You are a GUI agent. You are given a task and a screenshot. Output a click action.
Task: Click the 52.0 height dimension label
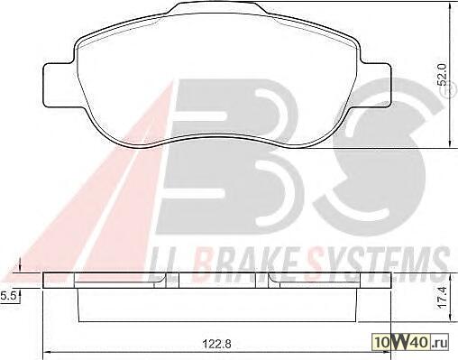click(x=444, y=74)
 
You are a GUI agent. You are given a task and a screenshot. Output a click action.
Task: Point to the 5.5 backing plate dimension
click(x=8, y=296)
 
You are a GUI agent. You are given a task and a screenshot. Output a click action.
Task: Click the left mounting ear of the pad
click(x=60, y=85)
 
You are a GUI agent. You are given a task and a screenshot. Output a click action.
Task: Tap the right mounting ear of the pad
click(x=376, y=85)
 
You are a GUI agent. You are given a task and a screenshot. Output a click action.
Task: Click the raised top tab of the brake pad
click(x=218, y=7)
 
